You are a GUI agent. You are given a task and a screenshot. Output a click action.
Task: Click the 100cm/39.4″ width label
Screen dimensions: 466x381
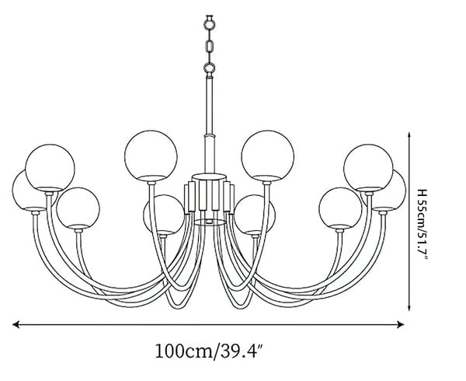209,351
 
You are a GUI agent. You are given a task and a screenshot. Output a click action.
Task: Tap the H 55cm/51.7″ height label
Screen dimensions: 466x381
423,225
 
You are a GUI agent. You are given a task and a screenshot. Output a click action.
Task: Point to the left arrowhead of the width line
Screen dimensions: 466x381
16,324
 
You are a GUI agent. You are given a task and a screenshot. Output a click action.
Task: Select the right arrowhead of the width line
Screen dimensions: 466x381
400,324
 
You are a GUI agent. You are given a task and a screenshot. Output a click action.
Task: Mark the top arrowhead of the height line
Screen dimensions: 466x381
409,135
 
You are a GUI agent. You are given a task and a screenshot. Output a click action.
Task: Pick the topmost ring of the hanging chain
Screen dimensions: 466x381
210,23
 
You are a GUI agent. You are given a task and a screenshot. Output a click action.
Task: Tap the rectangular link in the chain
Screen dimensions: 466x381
210,47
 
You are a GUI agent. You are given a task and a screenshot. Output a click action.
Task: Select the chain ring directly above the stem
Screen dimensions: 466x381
210,68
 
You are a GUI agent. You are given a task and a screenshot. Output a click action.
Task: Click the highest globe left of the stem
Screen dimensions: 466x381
151,156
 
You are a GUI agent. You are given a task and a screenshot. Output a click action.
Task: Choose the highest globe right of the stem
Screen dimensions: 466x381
267,156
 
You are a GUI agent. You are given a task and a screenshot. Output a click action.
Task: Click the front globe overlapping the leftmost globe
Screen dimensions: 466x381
50,168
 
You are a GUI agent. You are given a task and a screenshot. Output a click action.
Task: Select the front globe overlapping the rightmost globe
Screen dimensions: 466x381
368,168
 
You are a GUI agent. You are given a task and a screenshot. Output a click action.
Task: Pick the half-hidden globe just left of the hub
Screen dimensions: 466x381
163,212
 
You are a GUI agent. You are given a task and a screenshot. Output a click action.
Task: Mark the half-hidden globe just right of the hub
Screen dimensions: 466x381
256,212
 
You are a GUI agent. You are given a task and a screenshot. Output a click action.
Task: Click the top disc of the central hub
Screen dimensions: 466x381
209,177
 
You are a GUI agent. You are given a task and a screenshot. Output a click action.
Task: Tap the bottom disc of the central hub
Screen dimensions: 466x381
209,222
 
